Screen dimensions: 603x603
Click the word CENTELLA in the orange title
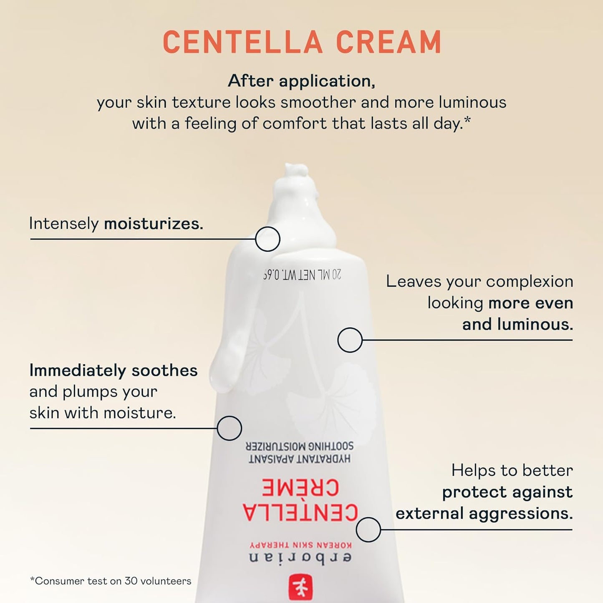point(243,42)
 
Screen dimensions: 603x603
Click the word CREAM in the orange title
point(389,42)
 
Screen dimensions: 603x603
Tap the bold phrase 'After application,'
point(301,81)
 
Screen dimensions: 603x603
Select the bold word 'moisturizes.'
point(153,224)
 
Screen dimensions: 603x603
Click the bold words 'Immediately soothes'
point(113,371)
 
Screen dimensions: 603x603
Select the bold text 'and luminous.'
point(517,324)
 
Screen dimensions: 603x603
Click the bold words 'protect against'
point(507,492)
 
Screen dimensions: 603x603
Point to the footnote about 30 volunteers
point(111,581)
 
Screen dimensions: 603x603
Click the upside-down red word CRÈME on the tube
point(300,487)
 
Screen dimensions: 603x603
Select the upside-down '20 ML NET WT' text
point(302,275)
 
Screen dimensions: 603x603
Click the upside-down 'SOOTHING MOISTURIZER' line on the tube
point(300,447)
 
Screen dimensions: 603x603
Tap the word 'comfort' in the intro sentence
point(295,123)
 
